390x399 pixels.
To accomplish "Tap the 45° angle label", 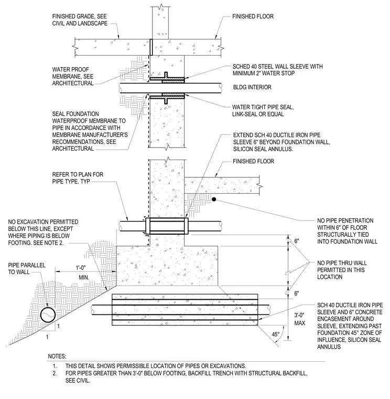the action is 275,334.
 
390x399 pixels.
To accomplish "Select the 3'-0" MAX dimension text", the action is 299,319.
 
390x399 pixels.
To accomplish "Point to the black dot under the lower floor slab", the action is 214,199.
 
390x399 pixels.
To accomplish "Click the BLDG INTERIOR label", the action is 252,87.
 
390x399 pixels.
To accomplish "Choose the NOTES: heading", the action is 57,356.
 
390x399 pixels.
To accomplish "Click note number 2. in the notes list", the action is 55,373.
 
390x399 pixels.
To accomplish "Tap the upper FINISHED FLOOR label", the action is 253,17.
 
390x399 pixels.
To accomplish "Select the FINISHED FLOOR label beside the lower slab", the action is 253,161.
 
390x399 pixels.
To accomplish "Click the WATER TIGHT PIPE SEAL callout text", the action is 263,111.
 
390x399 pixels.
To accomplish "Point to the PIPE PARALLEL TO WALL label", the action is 27,269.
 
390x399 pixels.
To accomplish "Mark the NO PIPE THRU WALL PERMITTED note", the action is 342,270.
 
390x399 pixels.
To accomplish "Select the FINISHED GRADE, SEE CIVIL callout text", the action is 80,20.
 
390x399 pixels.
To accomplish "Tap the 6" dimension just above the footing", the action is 297,241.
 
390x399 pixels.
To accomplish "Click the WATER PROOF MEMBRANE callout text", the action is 73,76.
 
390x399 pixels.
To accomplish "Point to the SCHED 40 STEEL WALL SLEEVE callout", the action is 277,70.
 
